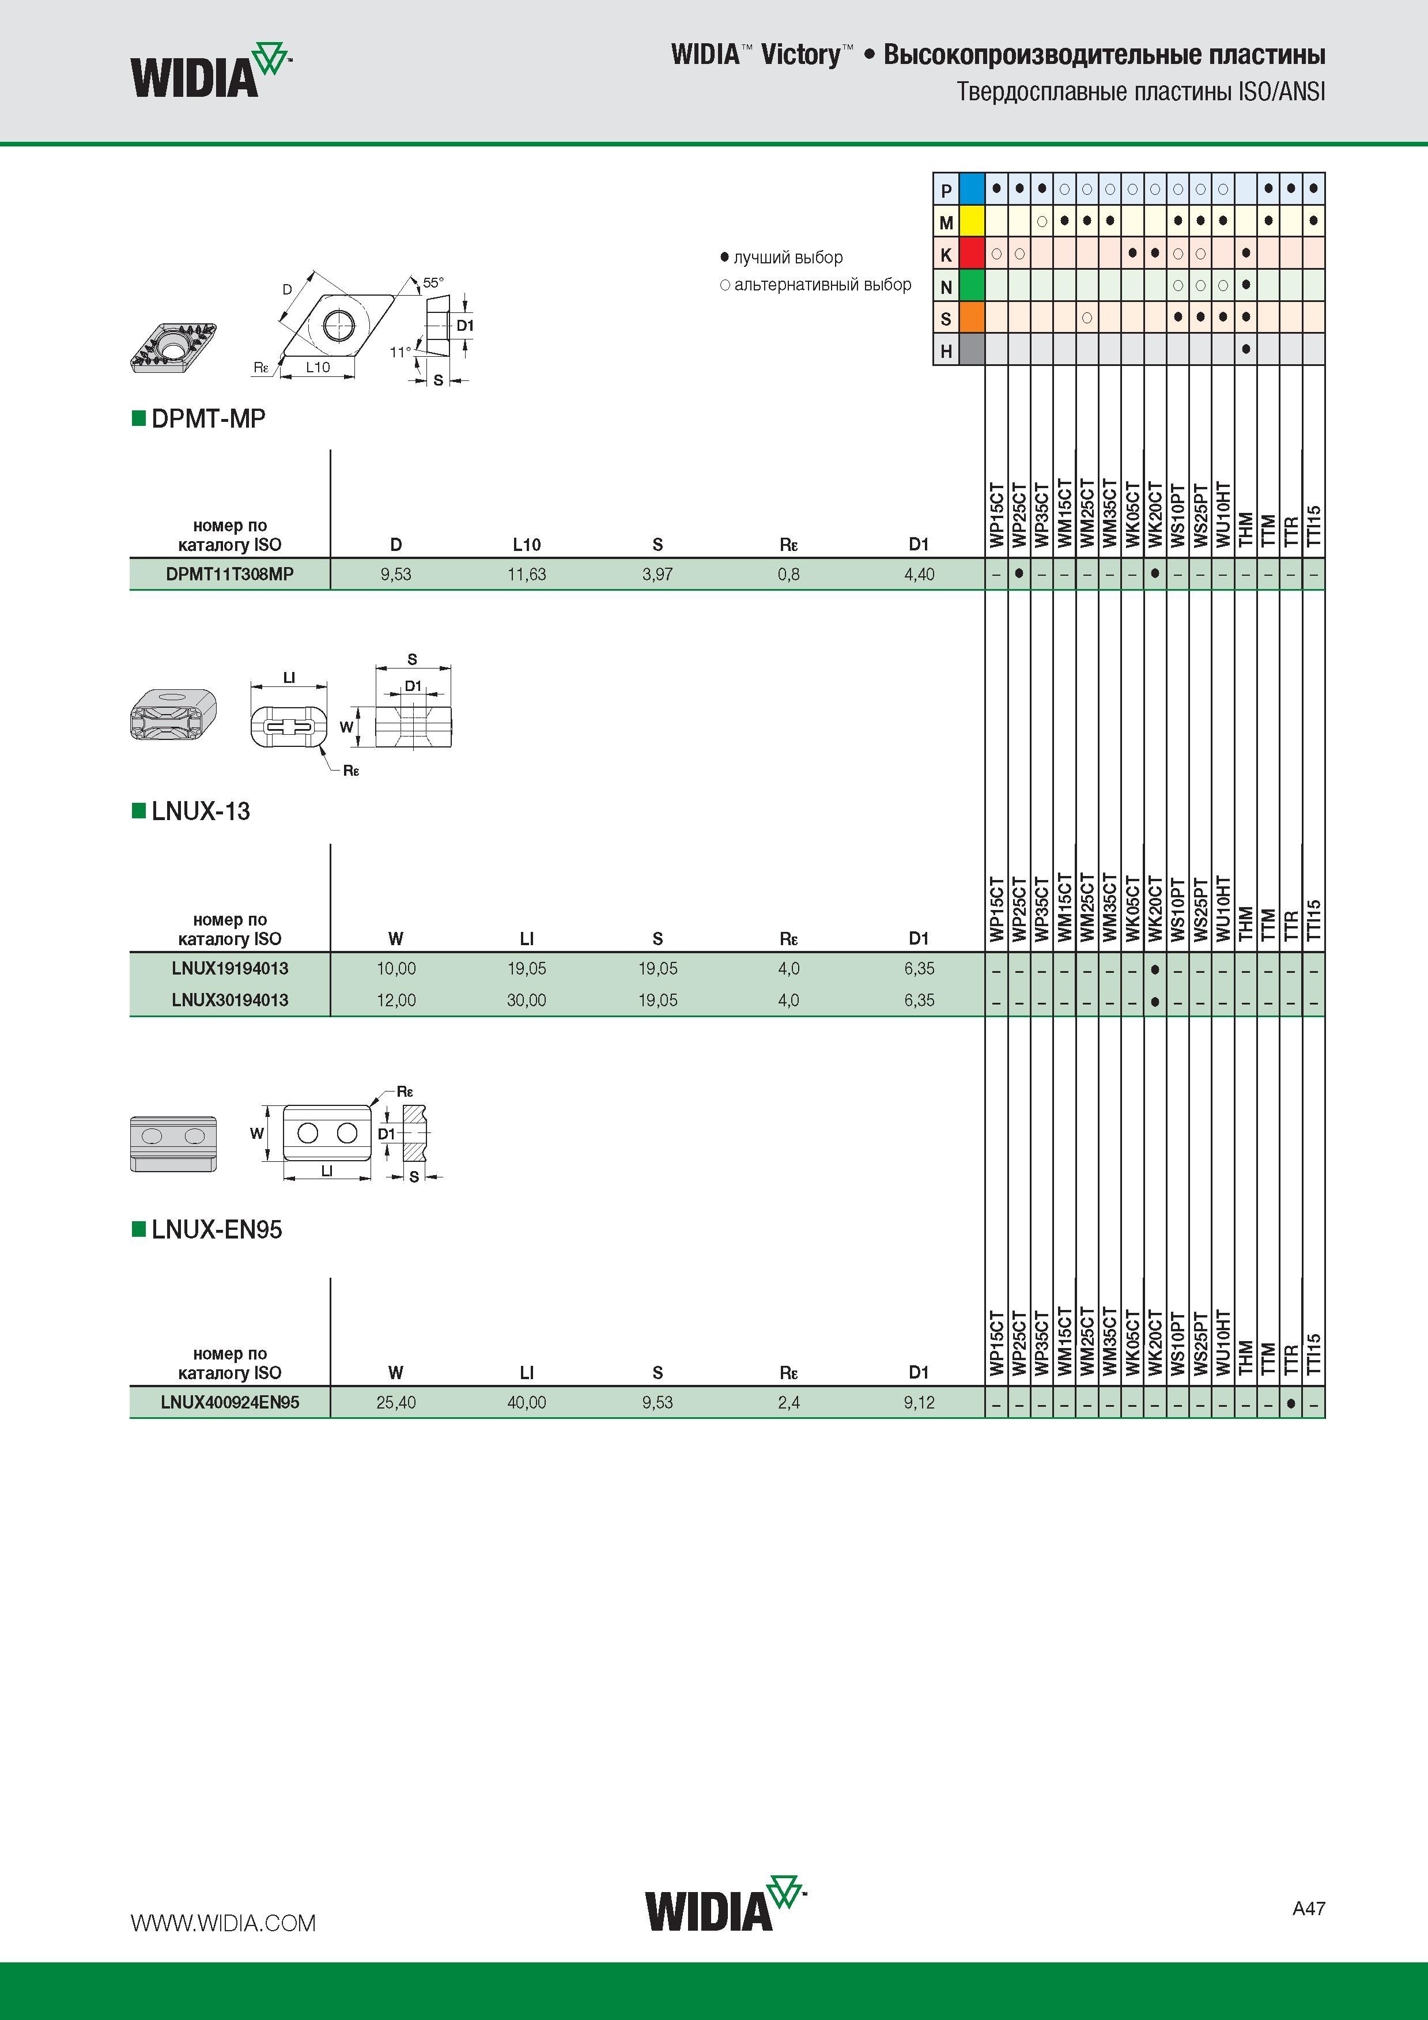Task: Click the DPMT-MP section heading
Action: [209, 419]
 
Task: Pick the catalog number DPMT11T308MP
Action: [229, 573]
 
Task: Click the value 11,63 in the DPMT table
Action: [526, 575]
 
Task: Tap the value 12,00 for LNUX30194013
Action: [396, 1000]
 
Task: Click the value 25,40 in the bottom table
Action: [396, 1402]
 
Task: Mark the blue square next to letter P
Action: [972, 189]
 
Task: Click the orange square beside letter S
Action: [972, 318]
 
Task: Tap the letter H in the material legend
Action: [946, 351]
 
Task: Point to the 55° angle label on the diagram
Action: [433, 282]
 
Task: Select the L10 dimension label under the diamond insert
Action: [318, 367]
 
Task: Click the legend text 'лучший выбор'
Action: [788, 258]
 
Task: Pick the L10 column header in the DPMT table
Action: [526, 545]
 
